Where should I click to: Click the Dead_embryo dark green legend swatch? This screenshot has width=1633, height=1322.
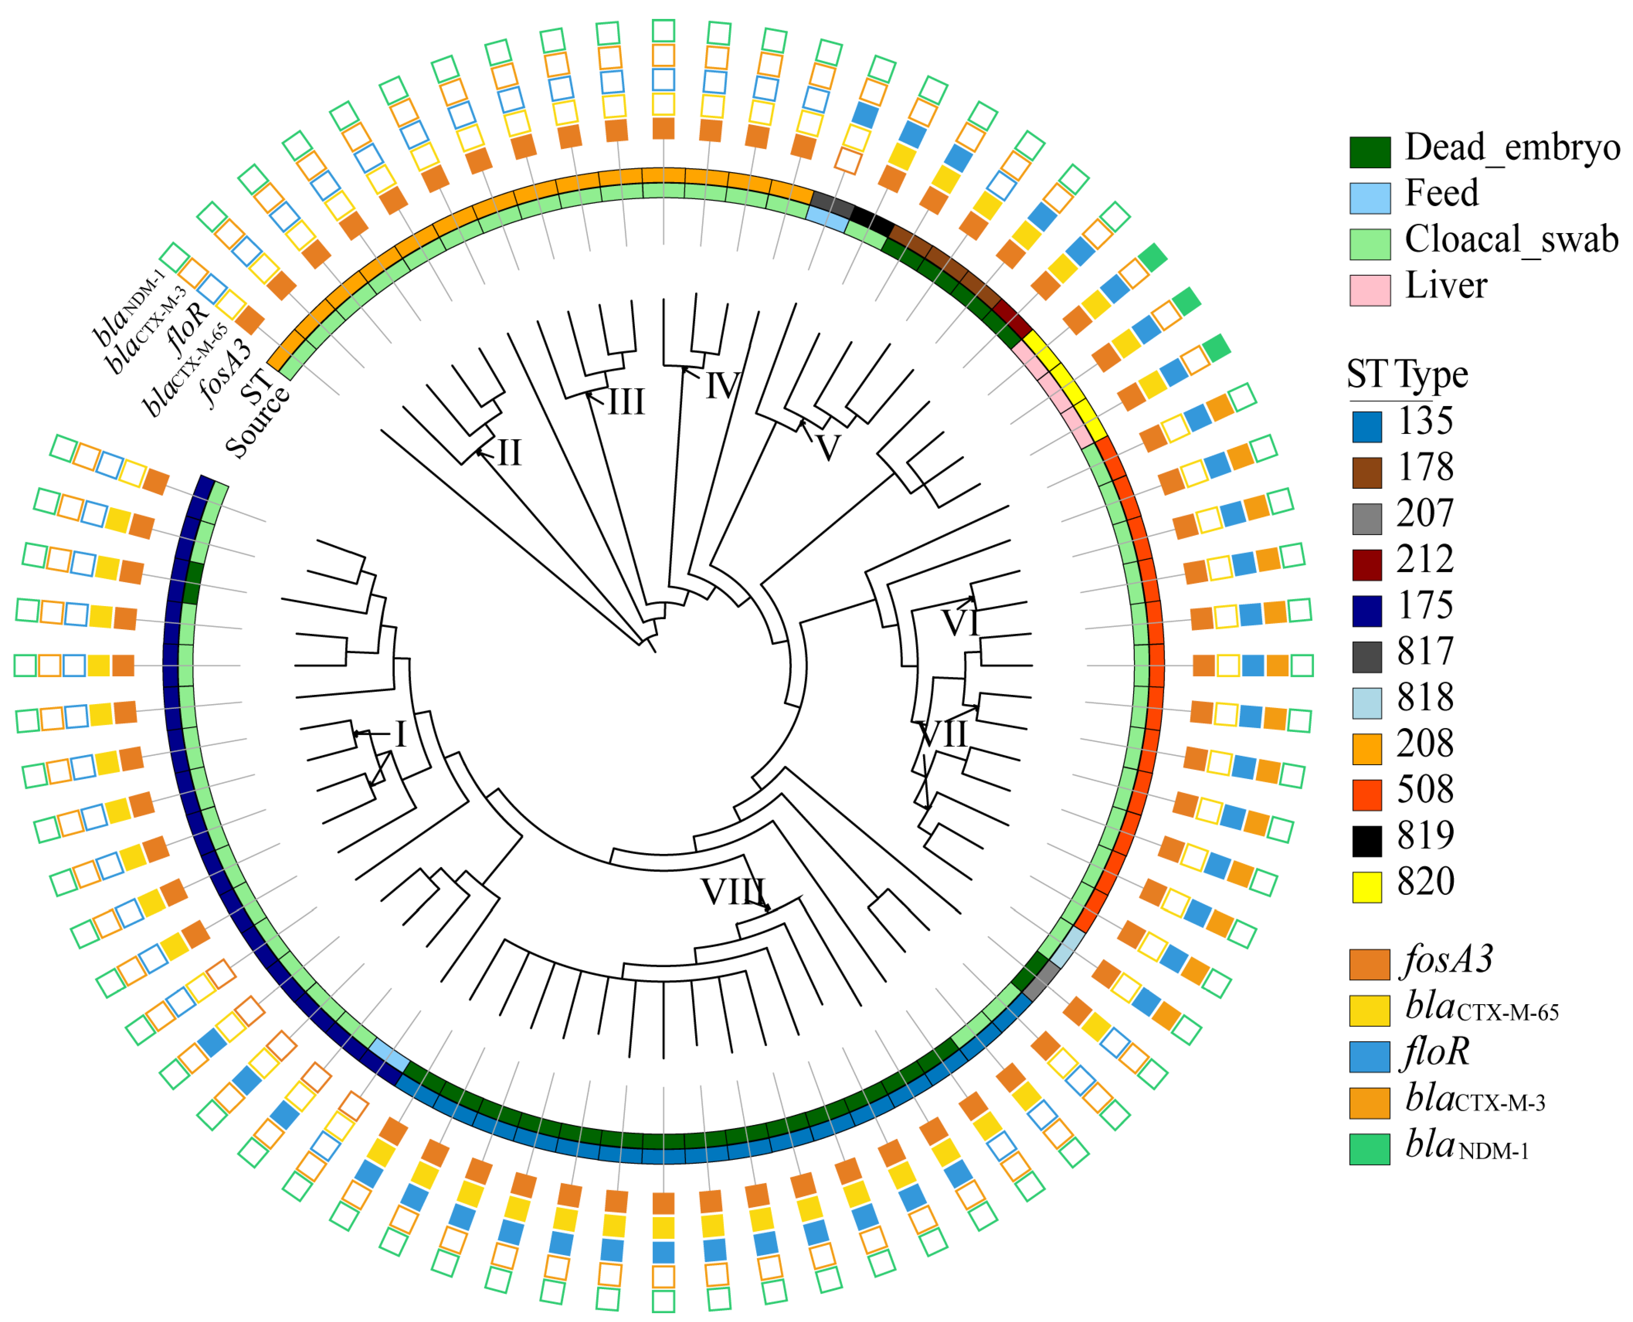point(1370,152)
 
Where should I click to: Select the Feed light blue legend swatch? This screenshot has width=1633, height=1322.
point(1370,197)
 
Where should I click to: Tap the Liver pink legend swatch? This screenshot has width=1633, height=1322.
point(1370,290)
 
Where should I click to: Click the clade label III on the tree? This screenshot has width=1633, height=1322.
point(626,402)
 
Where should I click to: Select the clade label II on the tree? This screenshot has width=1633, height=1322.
point(509,454)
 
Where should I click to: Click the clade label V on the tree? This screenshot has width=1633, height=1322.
point(828,447)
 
